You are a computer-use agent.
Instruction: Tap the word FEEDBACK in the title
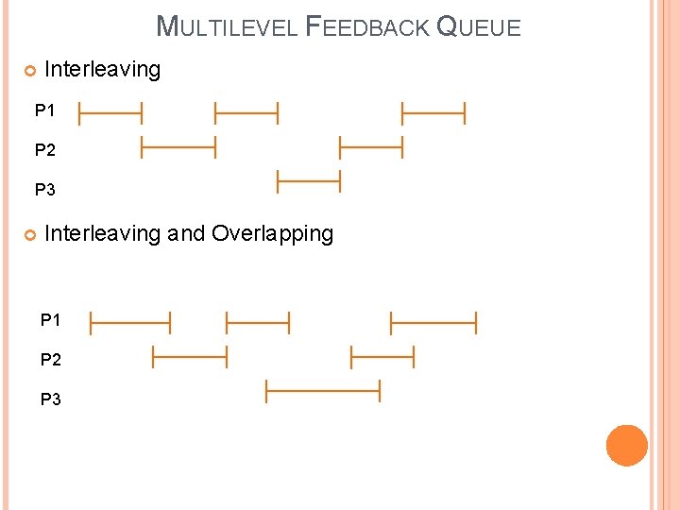click(x=366, y=26)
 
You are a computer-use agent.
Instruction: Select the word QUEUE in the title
click(x=479, y=26)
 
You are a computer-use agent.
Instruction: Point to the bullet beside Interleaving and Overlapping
click(x=29, y=234)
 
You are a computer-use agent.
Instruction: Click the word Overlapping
click(x=273, y=233)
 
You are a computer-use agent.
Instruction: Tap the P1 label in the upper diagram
click(x=45, y=111)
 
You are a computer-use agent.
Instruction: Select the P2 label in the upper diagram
click(x=45, y=150)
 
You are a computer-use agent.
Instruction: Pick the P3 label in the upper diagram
click(x=45, y=190)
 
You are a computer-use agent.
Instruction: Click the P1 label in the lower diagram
click(x=51, y=320)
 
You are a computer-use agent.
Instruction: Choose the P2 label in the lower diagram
click(x=51, y=360)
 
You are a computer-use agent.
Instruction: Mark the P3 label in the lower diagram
click(x=51, y=399)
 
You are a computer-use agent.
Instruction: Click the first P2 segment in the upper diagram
click(x=178, y=146)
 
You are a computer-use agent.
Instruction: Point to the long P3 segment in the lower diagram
click(x=322, y=389)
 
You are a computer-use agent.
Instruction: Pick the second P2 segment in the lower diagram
click(x=382, y=357)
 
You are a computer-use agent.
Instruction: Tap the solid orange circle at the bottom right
click(x=627, y=446)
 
